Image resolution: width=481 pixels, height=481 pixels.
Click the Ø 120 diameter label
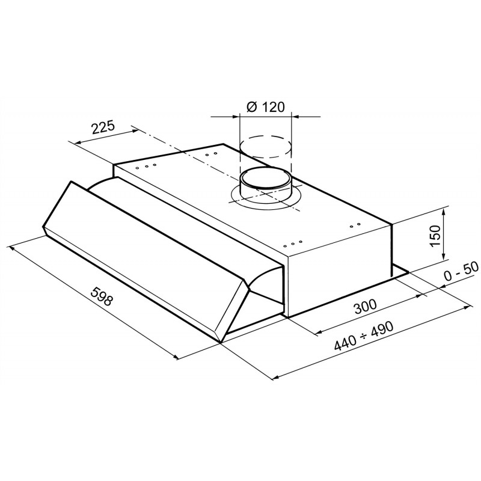265,107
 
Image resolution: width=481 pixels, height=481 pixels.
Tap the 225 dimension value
103,127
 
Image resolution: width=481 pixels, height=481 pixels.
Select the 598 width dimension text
102,296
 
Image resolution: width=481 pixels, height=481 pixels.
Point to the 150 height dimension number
435,236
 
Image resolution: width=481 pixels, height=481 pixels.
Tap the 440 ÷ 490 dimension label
364,337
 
